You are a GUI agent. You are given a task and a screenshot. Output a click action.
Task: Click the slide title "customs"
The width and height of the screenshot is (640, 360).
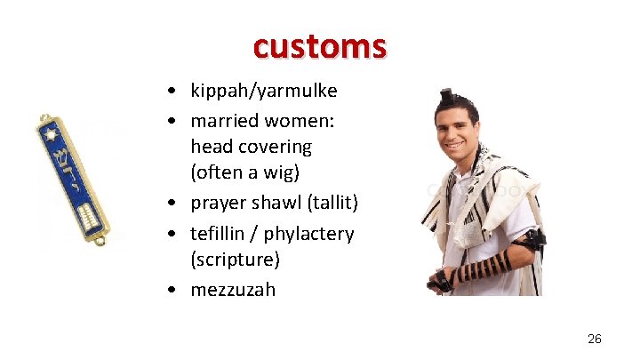click(319, 45)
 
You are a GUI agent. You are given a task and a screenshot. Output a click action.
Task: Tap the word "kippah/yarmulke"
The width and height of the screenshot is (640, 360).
click(263, 91)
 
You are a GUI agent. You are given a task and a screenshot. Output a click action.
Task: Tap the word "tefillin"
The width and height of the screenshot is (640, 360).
click(220, 233)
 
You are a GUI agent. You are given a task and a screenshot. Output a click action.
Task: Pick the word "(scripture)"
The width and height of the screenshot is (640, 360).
click(235, 260)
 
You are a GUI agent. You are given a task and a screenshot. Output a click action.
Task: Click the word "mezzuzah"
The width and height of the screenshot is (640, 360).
click(233, 290)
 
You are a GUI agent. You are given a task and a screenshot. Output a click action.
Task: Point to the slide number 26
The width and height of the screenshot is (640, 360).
click(595, 339)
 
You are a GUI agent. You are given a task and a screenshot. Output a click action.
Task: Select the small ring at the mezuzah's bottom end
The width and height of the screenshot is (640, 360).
click(101, 240)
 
